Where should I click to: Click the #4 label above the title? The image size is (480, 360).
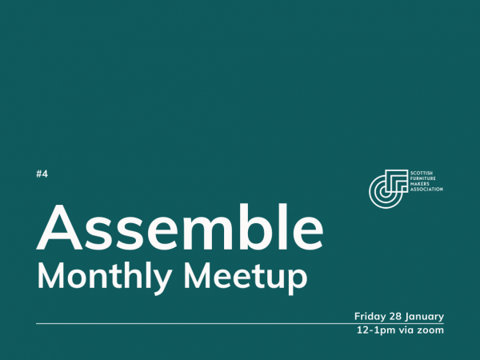(x=42, y=174)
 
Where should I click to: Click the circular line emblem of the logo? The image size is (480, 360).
(x=386, y=186)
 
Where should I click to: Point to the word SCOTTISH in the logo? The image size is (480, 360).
(x=420, y=173)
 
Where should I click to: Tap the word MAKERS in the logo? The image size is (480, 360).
(x=418, y=184)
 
